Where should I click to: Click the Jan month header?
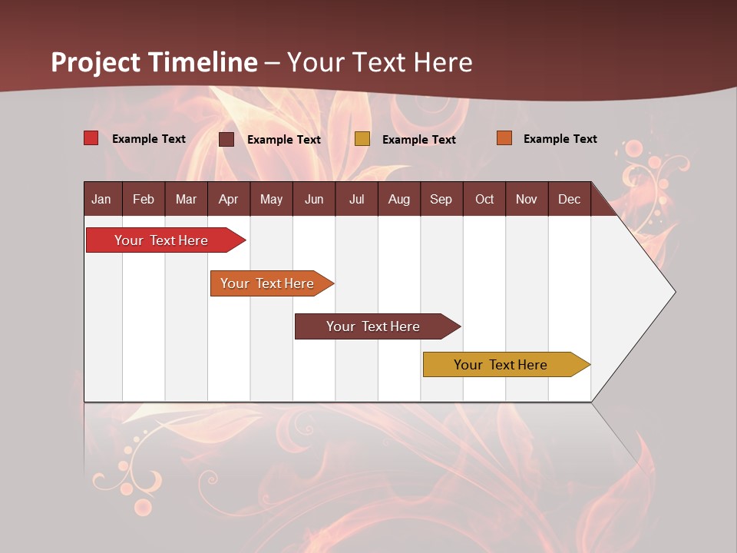pos(102,199)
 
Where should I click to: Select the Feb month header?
pos(144,199)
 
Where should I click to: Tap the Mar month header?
pos(186,199)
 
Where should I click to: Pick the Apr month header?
pos(229,199)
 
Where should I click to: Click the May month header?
pos(271,199)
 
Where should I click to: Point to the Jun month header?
pos(314,199)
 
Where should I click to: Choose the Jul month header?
pos(356,199)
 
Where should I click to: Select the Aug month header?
pos(399,199)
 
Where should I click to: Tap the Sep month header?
pos(441,199)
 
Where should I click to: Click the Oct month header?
pos(484,199)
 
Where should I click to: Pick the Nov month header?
pos(527,199)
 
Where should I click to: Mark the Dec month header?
pos(570,199)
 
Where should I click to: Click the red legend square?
pos(91,138)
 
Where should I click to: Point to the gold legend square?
pos(362,139)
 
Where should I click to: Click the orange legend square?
pos(504,138)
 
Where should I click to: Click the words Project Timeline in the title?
pos(154,62)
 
